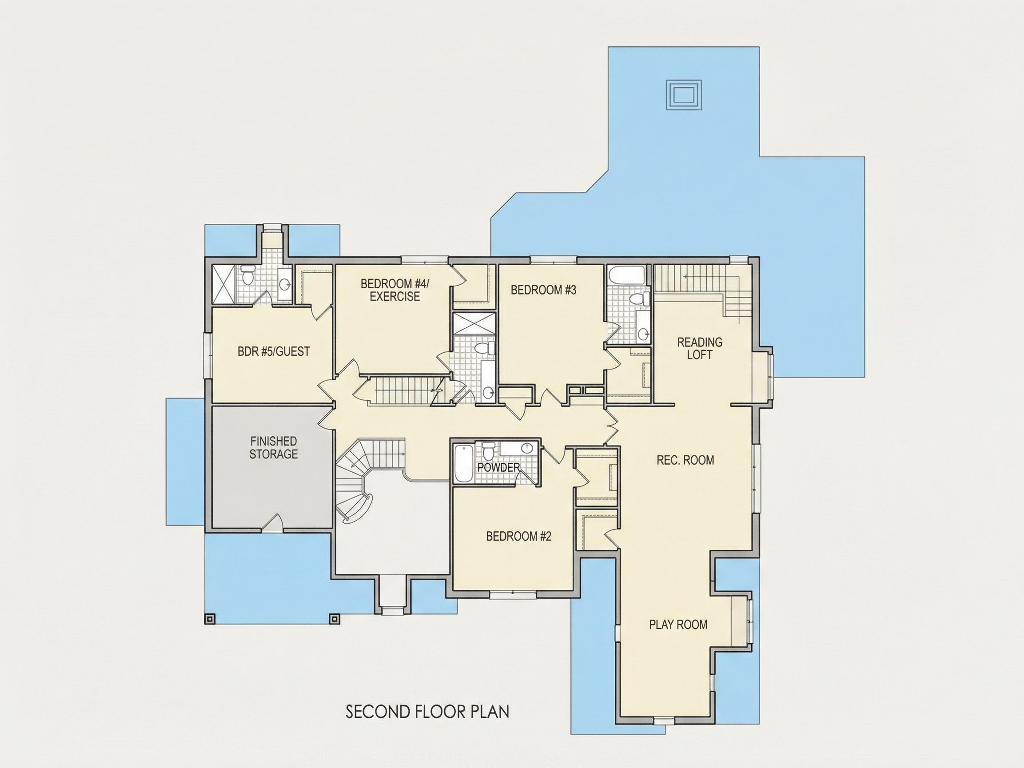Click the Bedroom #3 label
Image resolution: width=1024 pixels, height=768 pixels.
point(543,290)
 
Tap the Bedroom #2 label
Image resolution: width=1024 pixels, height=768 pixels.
point(518,537)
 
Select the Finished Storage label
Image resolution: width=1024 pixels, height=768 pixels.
point(274,448)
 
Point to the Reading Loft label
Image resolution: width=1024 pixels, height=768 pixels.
point(700,349)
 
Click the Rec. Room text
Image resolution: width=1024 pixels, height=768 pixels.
point(685,460)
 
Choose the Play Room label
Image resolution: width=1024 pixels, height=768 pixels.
point(678,625)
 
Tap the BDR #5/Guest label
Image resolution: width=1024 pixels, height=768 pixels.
point(274,352)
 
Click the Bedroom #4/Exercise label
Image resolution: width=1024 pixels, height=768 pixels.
point(395,290)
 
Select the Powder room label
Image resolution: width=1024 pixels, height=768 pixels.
point(498,468)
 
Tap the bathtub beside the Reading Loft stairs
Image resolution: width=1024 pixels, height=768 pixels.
point(626,276)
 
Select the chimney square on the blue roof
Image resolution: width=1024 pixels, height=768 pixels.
point(684,95)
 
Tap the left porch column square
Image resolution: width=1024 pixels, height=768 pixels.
point(210,618)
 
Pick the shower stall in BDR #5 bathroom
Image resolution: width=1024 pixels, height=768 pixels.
point(223,284)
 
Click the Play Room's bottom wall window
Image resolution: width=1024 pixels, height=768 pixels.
point(663,720)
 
